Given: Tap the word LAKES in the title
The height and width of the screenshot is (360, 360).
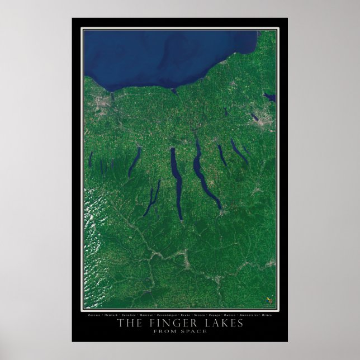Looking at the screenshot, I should tap(221, 324).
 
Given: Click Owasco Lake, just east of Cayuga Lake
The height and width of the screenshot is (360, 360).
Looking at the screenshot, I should tap(222, 155).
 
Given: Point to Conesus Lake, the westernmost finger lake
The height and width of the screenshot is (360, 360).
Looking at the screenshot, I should tap(91, 159).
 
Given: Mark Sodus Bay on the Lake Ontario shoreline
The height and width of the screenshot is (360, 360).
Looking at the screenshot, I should tap(175, 89).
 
